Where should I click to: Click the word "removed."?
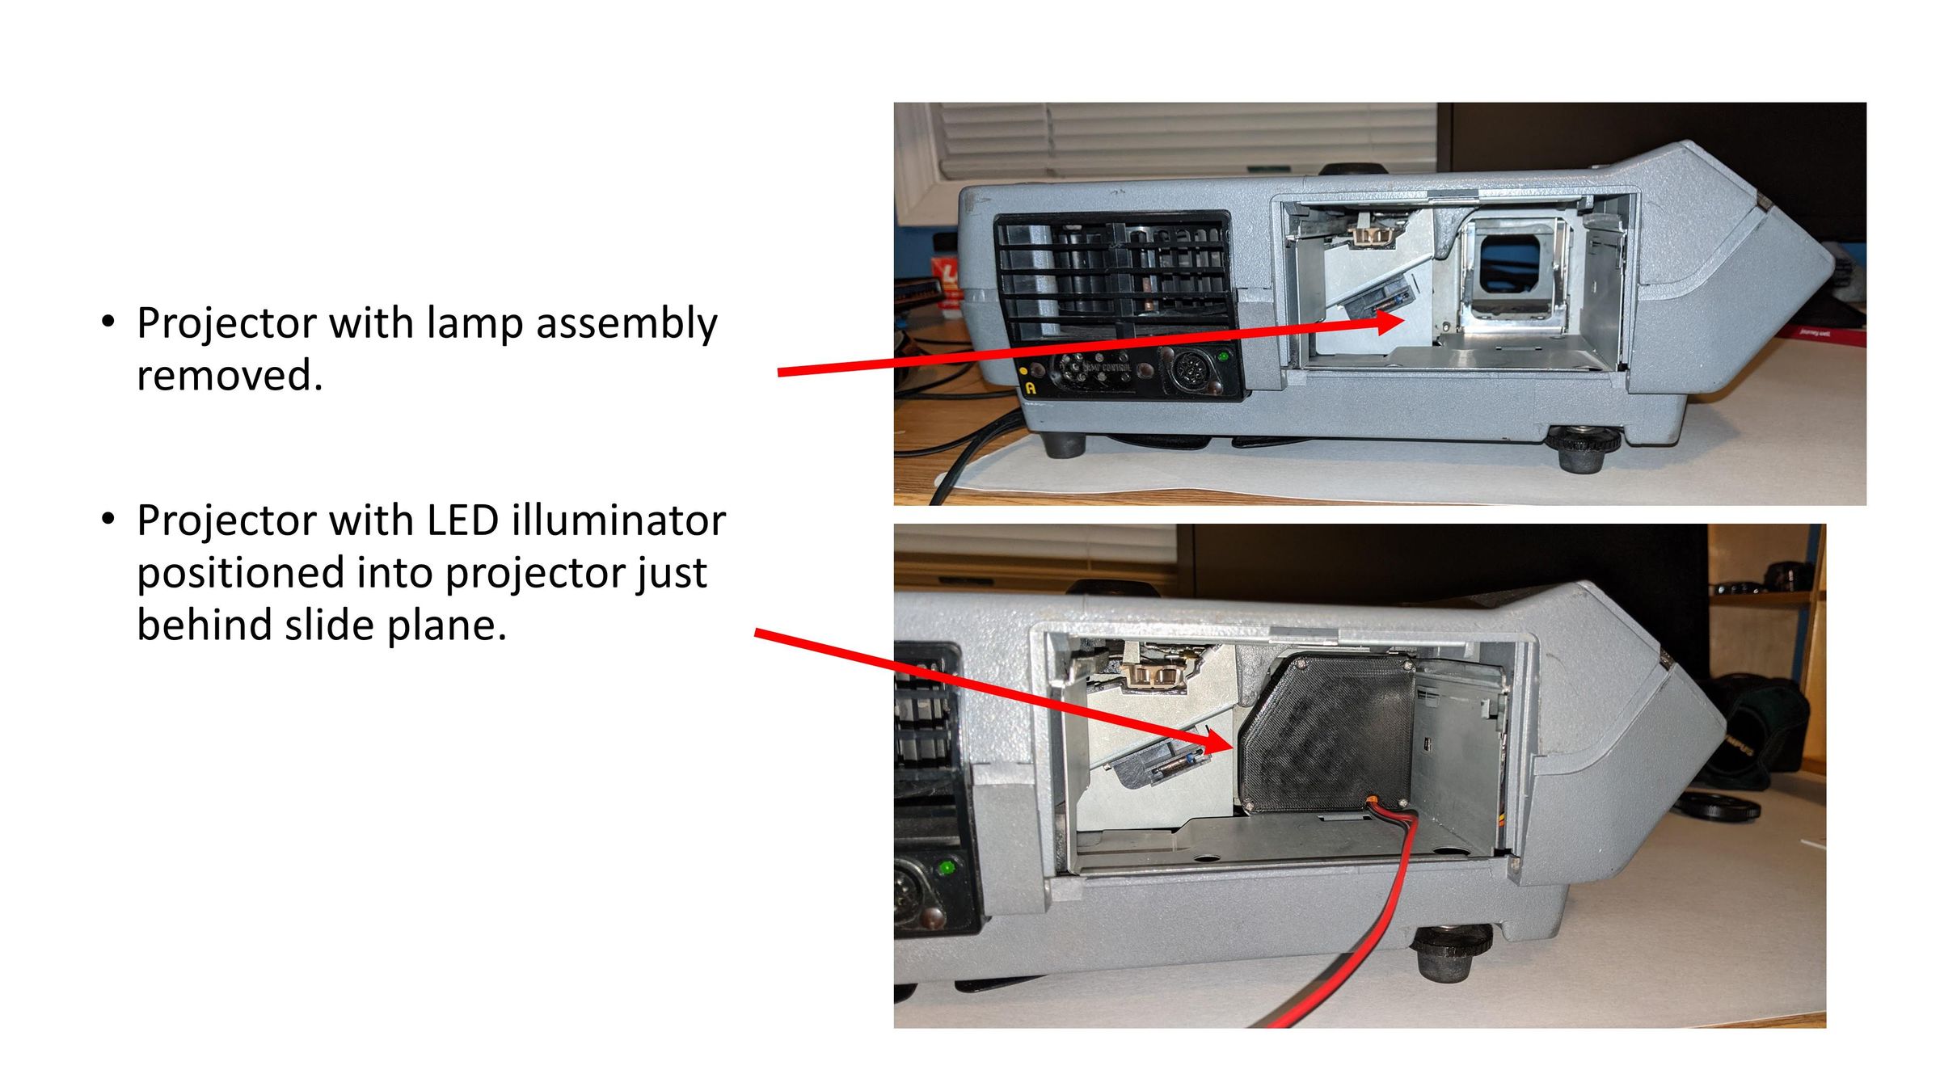[230, 375]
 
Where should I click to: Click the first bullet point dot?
[108, 322]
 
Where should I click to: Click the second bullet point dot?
[108, 520]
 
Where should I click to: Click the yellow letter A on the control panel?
[1031, 389]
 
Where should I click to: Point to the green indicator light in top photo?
[1223, 356]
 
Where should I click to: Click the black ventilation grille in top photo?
[1112, 275]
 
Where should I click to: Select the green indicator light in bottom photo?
[945, 868]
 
